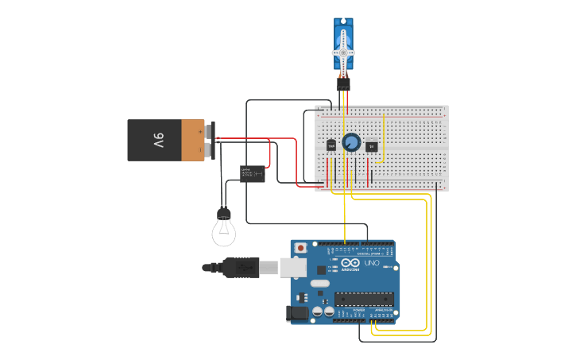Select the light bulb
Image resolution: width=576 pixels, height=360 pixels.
[x=224, y=228]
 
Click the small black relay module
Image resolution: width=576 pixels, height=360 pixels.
[x=253, y=173]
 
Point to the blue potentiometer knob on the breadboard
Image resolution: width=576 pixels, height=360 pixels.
[x=350, y=143]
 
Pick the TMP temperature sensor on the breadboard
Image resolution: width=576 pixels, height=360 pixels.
[x=331, y=145]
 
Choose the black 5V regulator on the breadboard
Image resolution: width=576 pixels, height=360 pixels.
[x=371, y=145]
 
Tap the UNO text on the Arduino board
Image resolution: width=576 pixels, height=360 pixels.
[x=371, y=263]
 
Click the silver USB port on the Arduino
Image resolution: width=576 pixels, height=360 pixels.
[x=293, y=268]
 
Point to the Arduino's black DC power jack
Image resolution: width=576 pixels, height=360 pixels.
[x=298, y=312]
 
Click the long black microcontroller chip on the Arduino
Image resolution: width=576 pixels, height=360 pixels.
[x=364, y=299]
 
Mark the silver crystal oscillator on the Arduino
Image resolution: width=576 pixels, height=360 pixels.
[x=319, y=283]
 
